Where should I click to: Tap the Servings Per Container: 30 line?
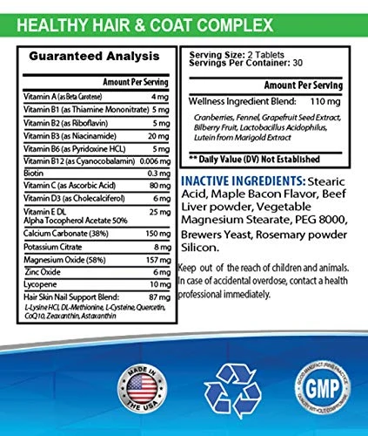point(238,64)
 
